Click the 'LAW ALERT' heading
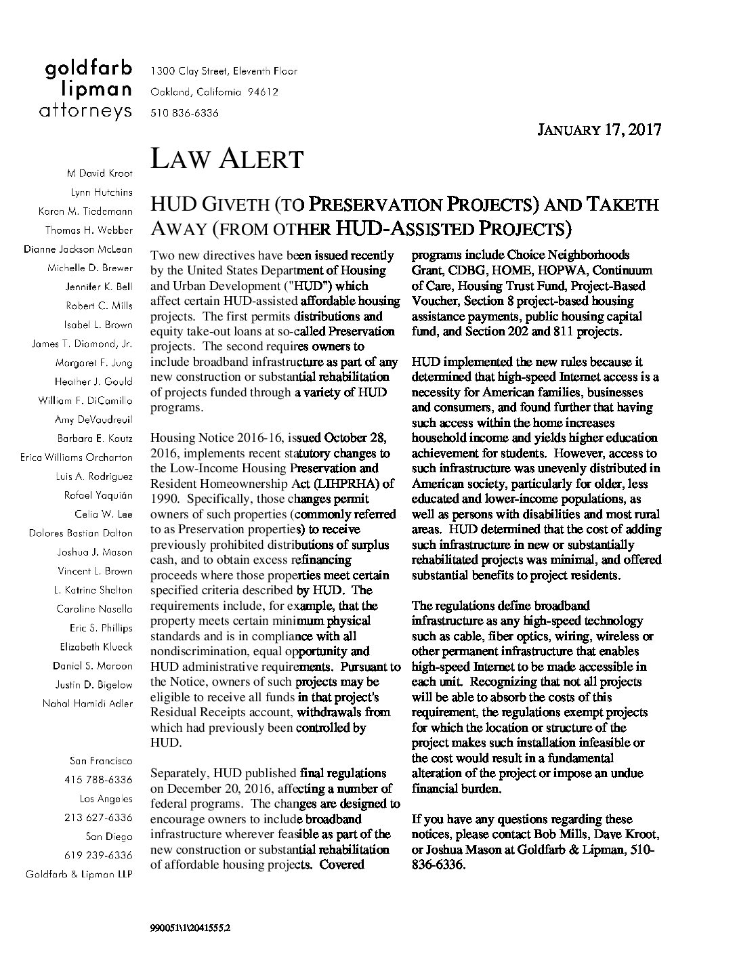pyautogui.click(x=226, y=160)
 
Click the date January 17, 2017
pyautogui.click(x=599, y=130)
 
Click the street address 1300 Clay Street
pyautogui.click(x=224, y=71)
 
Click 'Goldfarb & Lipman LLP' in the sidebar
pyautogui.click(x=79, y=874)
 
